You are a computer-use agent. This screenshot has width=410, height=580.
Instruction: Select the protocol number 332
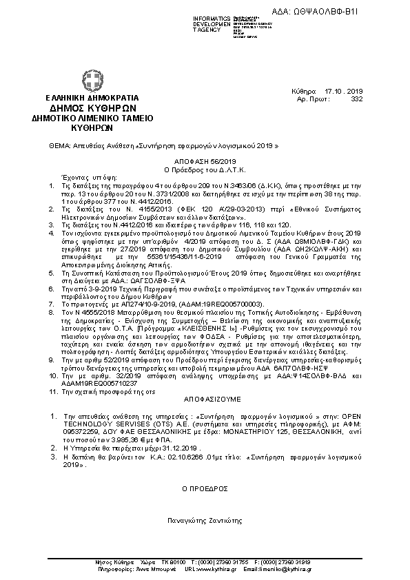click(356, 99)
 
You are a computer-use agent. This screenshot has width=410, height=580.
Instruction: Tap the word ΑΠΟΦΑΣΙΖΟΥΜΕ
click(205, 398)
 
